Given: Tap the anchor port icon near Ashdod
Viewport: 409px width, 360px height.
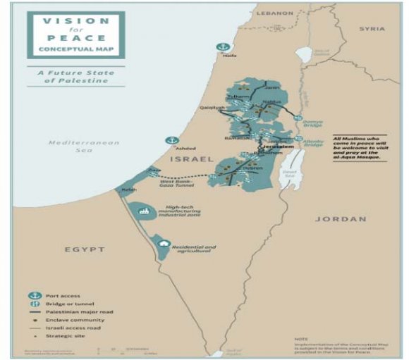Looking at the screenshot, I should [x=169, y=140].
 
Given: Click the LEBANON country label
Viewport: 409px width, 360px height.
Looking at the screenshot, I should [x=275, y=13].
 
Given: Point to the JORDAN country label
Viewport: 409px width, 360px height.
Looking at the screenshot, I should [x=341, y=219].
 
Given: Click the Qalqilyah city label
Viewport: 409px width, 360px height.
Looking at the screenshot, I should [x=212, y=108].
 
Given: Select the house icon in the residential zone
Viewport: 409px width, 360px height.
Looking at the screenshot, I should [x=164, y=244].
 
